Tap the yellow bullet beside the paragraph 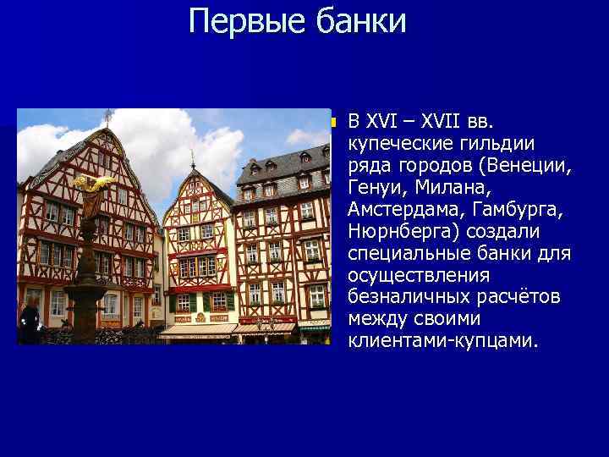(333, 123)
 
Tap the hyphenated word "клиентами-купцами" (442, 341)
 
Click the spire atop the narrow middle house (193, 159)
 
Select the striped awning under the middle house (200, 329)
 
